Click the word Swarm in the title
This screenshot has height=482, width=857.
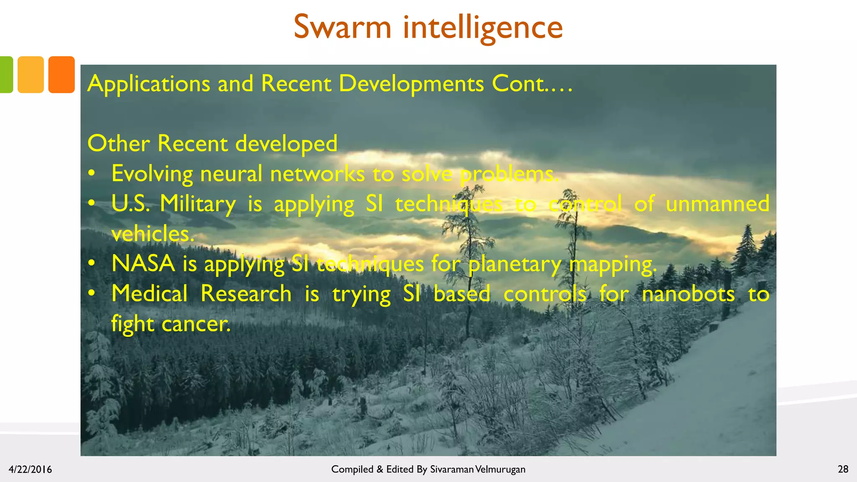tap(342, 27)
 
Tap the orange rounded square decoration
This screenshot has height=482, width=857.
tap(62, 74)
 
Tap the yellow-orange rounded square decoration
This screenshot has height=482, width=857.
tap(31, 74)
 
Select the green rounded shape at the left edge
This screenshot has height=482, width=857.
tap(6, 74)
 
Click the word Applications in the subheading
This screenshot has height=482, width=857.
tap(149, 84)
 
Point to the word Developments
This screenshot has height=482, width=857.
tap(411, 83)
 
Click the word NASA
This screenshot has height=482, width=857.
tap(143, 264)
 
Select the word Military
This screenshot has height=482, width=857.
tap(198, 204)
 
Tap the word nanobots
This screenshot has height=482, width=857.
tap(688, 294)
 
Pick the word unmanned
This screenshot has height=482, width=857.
tap(717, 204)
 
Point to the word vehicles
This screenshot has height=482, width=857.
tap(153, 234)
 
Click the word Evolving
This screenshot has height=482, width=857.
tap(152, 174)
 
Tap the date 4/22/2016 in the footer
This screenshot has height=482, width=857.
tap(30, 469)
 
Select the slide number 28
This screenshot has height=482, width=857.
tap(843, 469)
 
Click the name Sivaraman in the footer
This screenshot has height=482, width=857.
tap(452, 469)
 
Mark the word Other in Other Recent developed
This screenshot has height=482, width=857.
tap(118, 144)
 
